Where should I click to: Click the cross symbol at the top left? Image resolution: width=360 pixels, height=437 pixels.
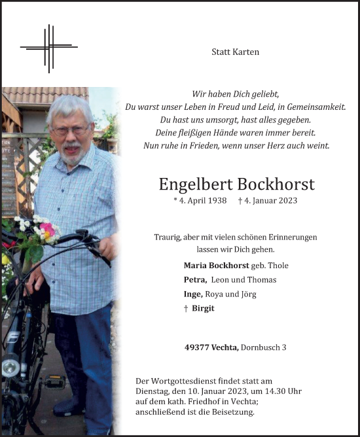click(48, 47)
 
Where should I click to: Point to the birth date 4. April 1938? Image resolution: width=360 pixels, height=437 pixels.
click(199, 201)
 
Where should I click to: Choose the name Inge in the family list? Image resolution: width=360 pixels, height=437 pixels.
click(194, 294)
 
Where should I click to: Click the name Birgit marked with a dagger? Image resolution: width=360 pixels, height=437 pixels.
click(203, 309)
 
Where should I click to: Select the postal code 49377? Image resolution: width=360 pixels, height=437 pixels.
click(198, 347)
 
